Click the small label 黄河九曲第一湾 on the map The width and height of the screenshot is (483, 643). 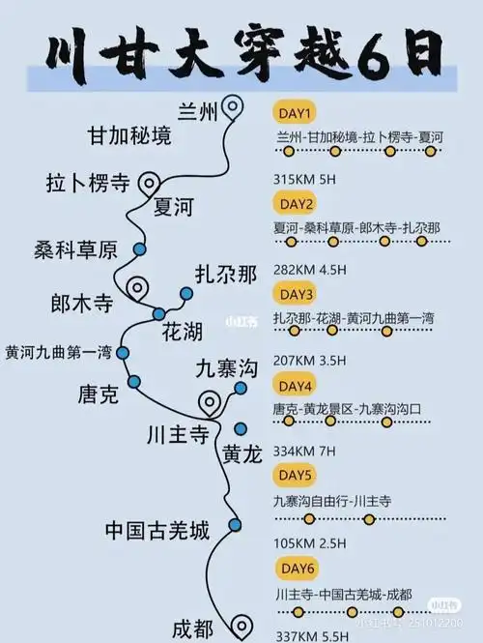59,353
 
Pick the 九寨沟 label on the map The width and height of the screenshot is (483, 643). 226,367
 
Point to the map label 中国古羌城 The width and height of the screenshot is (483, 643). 157,530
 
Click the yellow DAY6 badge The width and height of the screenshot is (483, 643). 296,567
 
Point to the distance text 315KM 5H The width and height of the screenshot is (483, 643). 304,180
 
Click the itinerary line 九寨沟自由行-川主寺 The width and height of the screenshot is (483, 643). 332,500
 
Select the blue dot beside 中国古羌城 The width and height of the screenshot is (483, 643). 234,525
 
